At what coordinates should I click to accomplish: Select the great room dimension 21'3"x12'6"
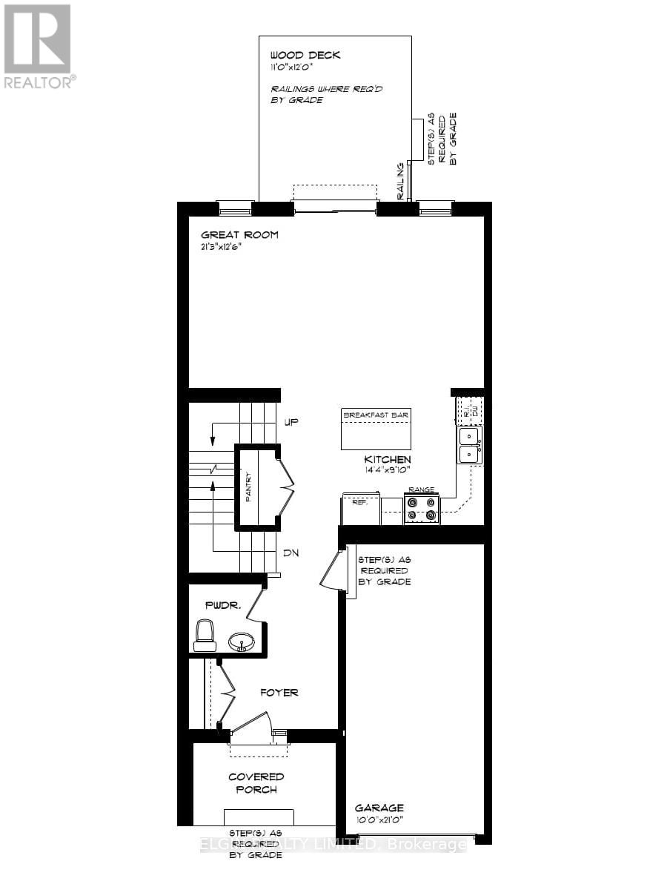pos(220,248)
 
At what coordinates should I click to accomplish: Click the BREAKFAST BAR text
pos(376,415)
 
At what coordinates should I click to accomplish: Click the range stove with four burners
pos(421,510)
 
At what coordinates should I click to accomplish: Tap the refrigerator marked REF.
pos(360,510)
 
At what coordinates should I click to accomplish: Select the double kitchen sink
pos(468,445)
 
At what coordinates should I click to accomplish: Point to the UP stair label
pos(291,422)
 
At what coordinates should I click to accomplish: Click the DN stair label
pos(291,553)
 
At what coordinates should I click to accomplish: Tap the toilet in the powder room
pos(205,635)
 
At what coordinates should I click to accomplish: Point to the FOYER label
pos(279,693)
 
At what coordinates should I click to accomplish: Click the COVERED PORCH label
pos(256,782)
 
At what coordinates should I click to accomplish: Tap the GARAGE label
pos(379,808)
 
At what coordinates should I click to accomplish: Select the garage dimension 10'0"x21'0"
pos(379,820)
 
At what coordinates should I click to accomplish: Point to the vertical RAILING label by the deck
pos(401,181)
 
